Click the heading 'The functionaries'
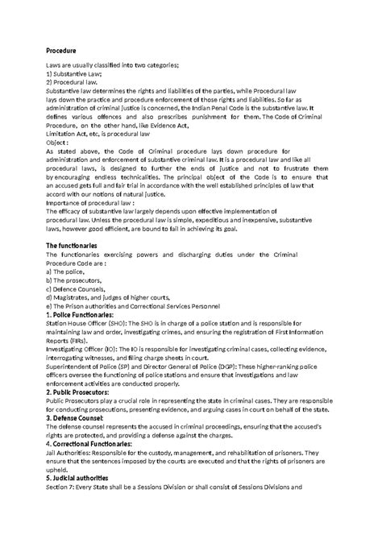(x=77, y=243)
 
